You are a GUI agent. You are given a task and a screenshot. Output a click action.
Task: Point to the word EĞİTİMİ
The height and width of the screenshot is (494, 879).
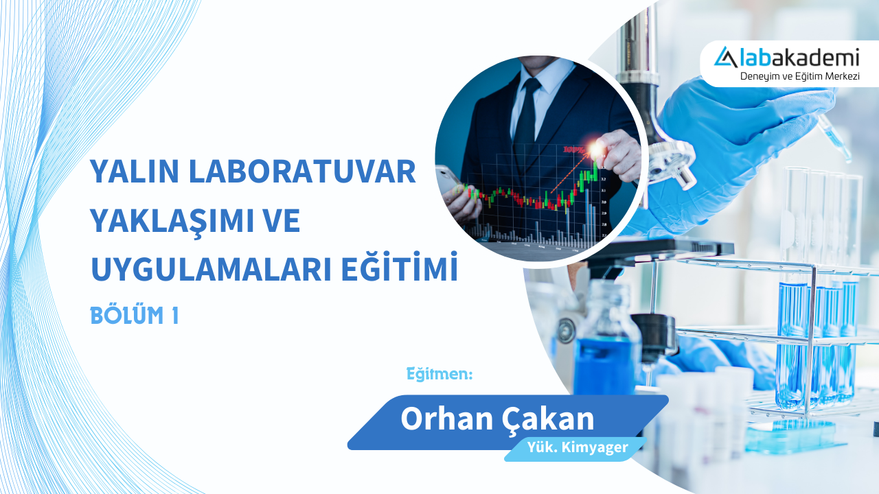tap(400, 269)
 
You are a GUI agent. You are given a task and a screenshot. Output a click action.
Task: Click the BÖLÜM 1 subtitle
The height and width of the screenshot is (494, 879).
tap(135, 316)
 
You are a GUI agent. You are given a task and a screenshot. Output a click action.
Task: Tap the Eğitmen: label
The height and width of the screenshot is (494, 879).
tap(439, 375)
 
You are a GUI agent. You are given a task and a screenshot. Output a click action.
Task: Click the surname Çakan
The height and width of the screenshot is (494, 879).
tap(547, 419)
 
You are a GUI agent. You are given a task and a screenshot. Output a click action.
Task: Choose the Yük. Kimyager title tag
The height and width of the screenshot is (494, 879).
tap(578, 448)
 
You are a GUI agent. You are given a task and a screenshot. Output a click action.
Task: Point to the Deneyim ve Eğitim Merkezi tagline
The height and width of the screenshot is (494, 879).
tap(800, 76)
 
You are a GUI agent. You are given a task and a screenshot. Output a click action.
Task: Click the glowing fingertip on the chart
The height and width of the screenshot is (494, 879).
tap(594, 148)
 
